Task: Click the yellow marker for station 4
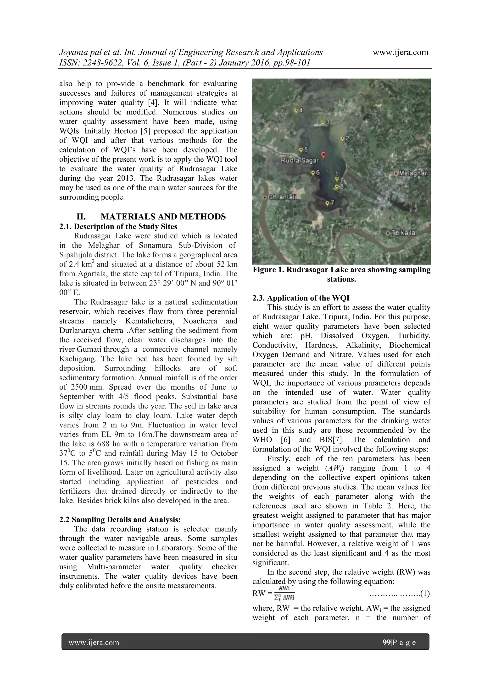pos(296,111)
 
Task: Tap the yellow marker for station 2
pos(342,138)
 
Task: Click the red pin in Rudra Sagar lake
pos(323,155)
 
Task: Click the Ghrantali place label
pos(282,197)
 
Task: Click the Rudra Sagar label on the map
pos(300,160)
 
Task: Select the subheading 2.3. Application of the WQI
pos(301,298)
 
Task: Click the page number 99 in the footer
pos(386,643)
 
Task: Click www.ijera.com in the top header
pos(400,52)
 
